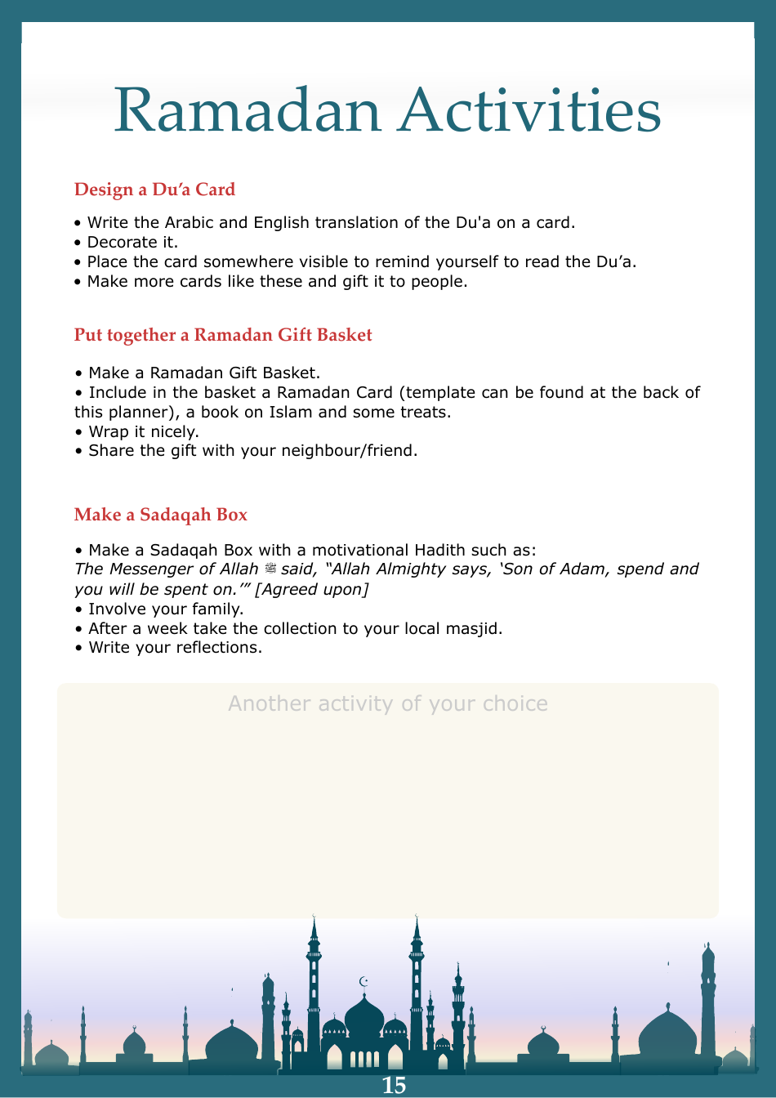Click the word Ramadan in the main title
tap(248, 110)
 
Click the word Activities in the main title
tap(529, 110)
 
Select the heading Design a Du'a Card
tap(154, 190)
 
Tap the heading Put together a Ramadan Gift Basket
tap(223, 335)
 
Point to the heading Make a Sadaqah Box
tap(161, 515)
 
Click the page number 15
tap(394, 1085)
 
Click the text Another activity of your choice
tap(388, 703)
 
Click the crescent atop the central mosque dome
tap(364, 981)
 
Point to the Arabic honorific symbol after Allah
tap(270, 569)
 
